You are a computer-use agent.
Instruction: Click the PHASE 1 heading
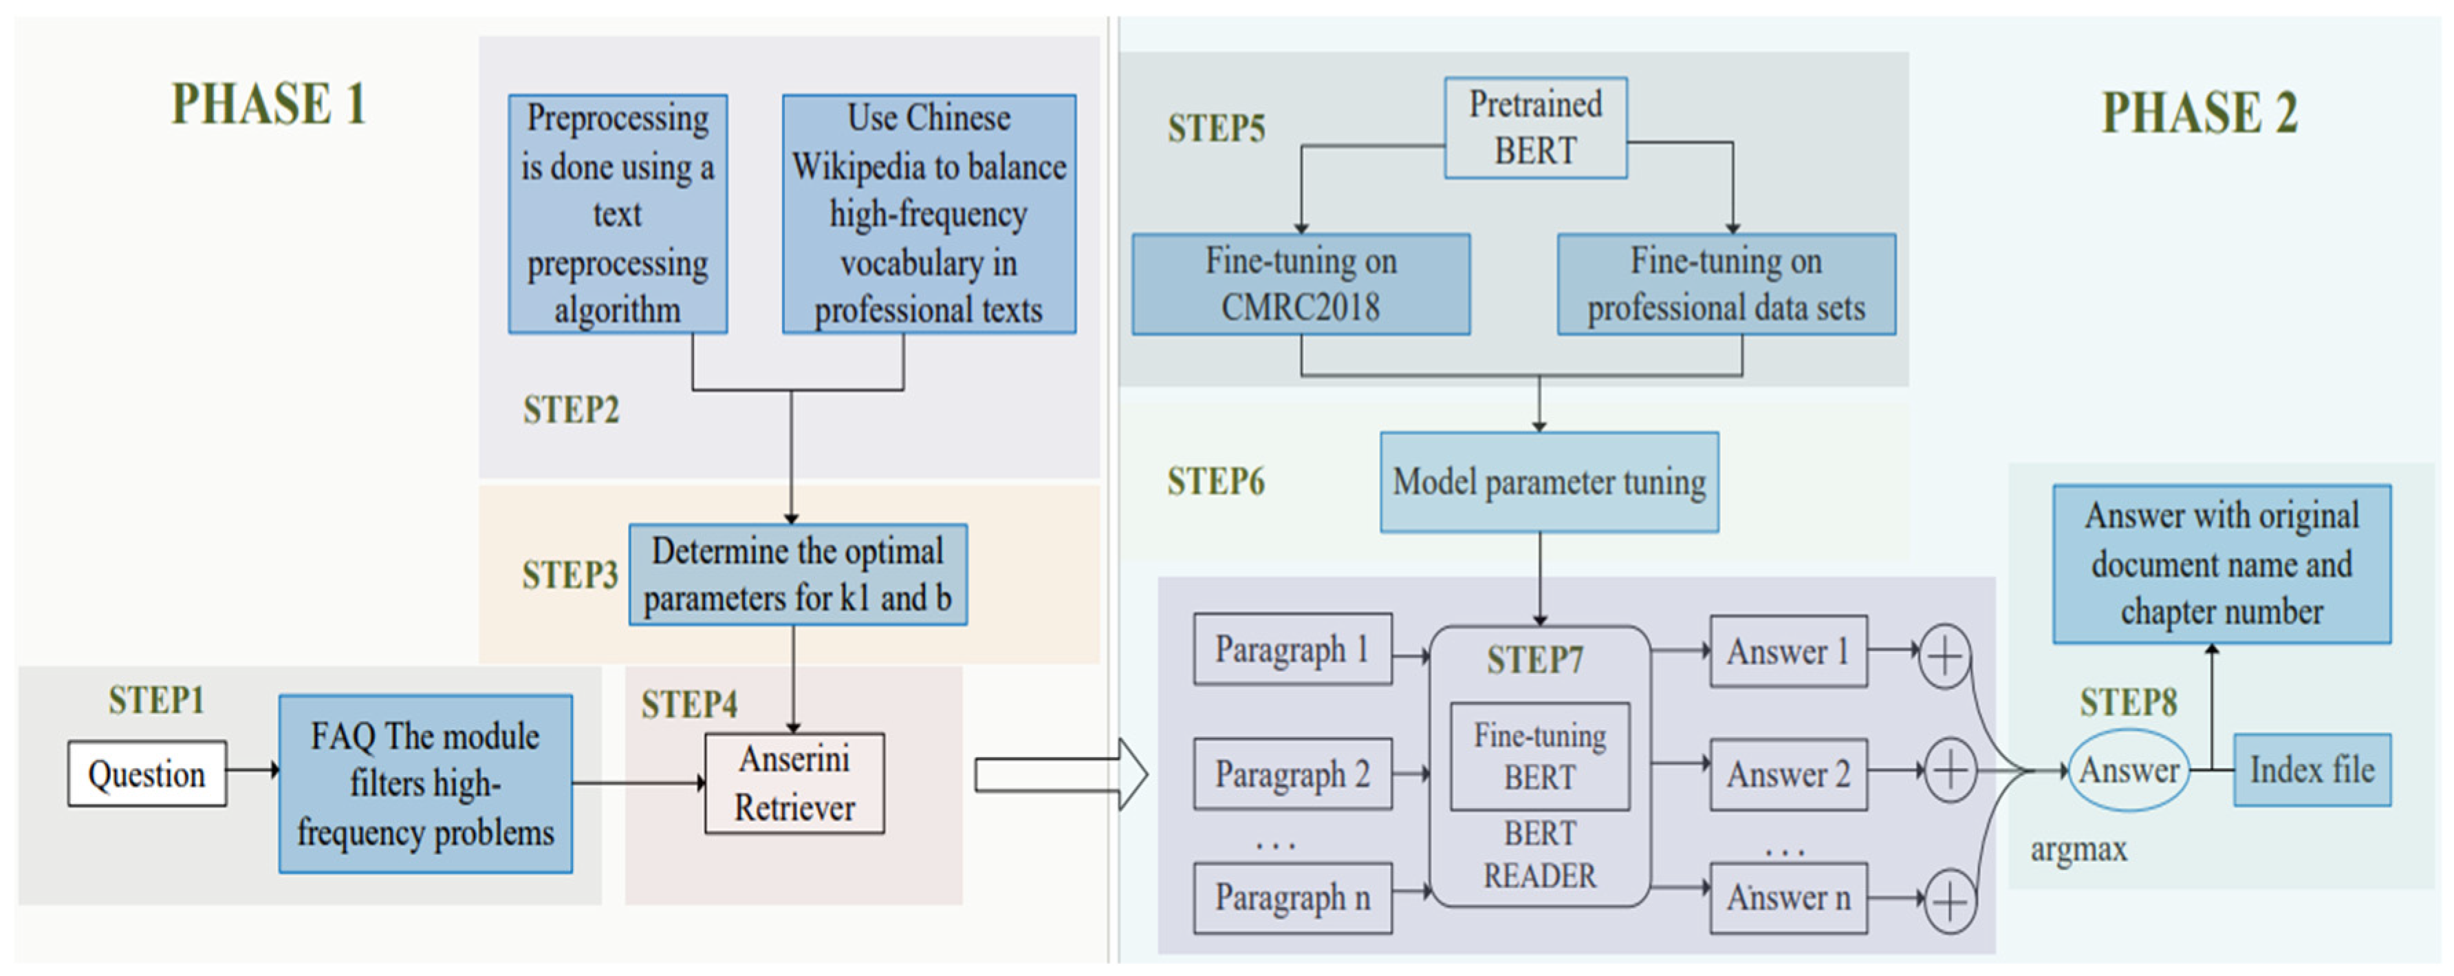(269, 104)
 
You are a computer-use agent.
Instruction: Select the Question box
(146, 774)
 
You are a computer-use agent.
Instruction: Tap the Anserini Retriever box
(794, 783)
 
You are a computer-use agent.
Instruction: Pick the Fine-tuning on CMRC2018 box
(1301, 284)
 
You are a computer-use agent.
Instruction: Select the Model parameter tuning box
(1549, 482)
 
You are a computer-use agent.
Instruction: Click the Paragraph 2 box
(1292, 774)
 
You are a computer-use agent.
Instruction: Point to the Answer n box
(1788, 898)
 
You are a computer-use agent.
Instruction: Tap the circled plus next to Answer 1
(1944, 656)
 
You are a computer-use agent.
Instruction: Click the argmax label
(2078, 848)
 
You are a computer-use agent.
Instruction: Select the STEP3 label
(569, 575)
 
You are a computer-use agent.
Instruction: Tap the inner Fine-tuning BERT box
(1539, 757)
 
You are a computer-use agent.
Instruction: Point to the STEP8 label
(2128, 703)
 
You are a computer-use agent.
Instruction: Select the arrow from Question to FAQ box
(252, 770)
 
